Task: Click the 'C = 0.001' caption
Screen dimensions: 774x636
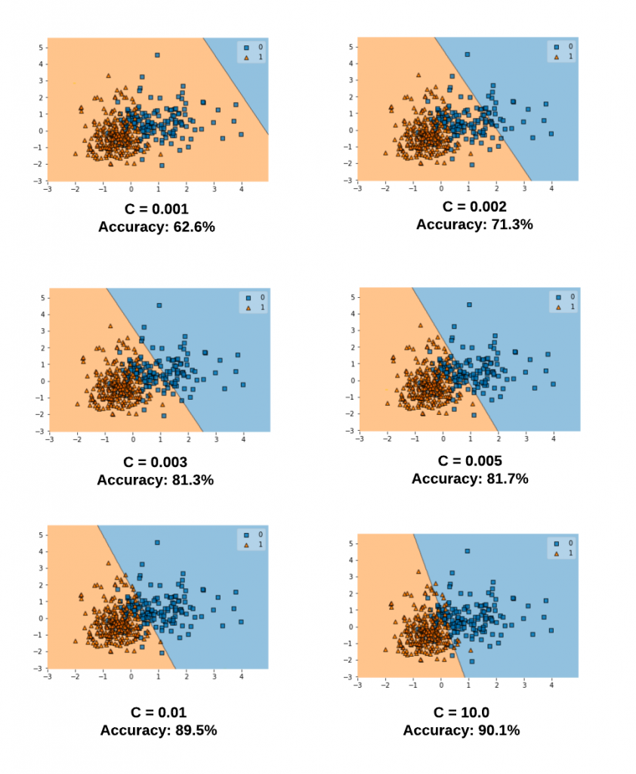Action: pyautogui.click(x=156, y=209)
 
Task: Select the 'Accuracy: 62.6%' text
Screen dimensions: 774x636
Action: pyautogui.click(x=156, y=226)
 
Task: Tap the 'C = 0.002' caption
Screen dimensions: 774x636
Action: pyautogui.click(x=474, y=207)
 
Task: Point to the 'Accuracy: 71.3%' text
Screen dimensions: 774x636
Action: pyautogui.click(x=474, y=224)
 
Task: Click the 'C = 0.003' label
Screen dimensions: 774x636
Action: pyautogui.click(x=156, y=463)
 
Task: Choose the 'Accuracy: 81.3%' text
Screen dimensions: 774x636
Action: pyautogui.click(x=156, y=479)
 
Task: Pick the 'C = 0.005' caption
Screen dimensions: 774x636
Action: pyautogui.click(x=470, y=461)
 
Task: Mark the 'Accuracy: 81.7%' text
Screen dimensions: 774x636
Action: pyautogui.click(x=470, y=478)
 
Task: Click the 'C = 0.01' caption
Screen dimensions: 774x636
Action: pyautogui.click(x=158, y=713)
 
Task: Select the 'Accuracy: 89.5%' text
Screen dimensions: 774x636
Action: pyautogui.click(x=158, y=730)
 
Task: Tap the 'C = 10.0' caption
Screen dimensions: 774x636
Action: pyautogui.click(x=462, y=713)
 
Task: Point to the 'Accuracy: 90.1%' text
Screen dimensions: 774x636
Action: pyautogui.click(x=462, y=730)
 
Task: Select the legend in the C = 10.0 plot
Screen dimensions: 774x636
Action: pyautogui.click(x=561, y=548)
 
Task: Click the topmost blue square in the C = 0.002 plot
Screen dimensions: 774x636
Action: pyautogui.click(x=468, y=54)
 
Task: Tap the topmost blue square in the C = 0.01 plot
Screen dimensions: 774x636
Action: pyautogui.click(x=157, y=543)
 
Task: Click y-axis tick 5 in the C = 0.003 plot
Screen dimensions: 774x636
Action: pyautogui.click(x=42, y=298)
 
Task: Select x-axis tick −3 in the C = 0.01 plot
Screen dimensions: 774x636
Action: pyautogui.click(x=48, y=676)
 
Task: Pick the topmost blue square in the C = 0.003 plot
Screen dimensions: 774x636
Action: pyautogui.click(x=159, y=305)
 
